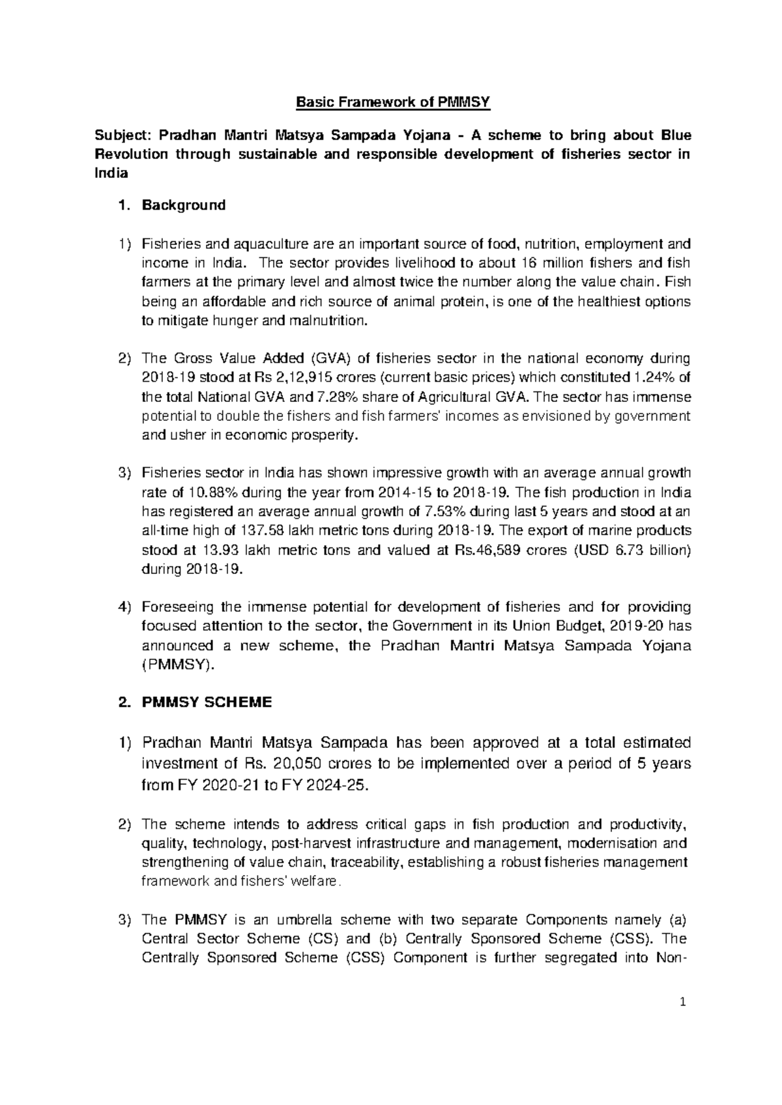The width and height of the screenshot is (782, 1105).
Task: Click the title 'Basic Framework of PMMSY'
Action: (393, 102)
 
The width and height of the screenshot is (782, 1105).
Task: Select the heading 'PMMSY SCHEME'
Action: (207, 702)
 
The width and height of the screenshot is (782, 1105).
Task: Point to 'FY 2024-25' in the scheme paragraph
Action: (330, 785)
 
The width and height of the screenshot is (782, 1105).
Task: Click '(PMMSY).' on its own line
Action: (177, 665)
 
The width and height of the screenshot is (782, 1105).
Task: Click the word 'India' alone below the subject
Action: (111, 174)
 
